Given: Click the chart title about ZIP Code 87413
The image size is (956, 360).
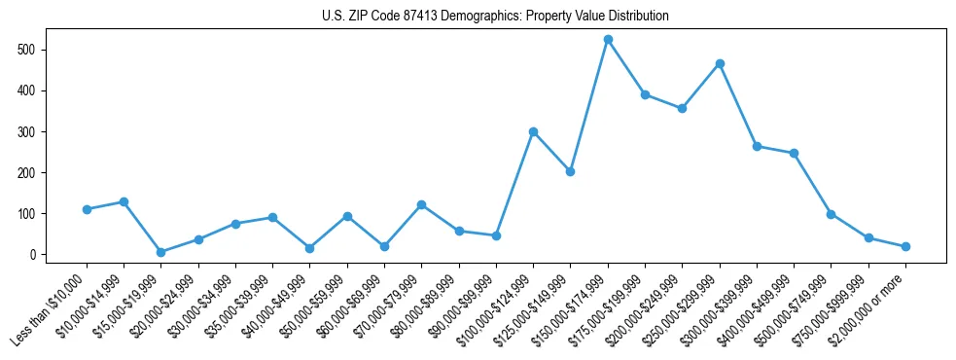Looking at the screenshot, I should click(495, 17).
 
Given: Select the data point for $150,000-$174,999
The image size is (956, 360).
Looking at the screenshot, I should click(608, 40).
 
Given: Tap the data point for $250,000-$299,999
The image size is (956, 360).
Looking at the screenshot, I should click(720, 63).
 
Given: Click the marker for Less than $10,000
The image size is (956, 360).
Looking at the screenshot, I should click(87, 209).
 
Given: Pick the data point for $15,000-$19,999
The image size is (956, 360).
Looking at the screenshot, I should click(160, 252).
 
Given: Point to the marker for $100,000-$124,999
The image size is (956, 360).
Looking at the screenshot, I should click(533, 131).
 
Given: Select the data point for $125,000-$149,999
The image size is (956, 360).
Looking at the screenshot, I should click(570, 171).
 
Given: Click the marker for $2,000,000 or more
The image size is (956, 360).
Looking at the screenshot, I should click(905, 246).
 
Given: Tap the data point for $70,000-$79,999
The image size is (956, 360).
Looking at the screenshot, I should click(421, 205).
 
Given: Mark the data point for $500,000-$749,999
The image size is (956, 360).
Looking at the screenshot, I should click(831, 214).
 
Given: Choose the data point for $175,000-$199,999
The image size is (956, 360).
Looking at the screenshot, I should click(645, 94).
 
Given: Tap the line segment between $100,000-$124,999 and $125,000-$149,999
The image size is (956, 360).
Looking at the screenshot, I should click(551, 152).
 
